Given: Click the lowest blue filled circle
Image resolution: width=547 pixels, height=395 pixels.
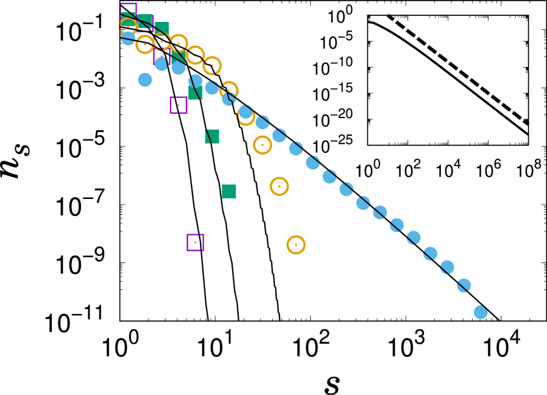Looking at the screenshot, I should click(481, 312).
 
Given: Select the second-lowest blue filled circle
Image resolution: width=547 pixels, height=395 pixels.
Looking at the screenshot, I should click(464, 285).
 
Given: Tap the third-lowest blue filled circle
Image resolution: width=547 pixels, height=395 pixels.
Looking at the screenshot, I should click(447, 267).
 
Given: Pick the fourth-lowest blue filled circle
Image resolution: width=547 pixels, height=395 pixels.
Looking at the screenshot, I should click(430, 254).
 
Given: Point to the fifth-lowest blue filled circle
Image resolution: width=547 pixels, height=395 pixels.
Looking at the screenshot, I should click(414, 238).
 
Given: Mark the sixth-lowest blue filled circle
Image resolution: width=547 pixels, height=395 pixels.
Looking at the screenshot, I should click(397, 225).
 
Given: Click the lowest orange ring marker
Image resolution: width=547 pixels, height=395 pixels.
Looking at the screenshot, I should click(296, 245).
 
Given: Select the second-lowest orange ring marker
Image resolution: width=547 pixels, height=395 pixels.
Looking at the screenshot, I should click(279, 186).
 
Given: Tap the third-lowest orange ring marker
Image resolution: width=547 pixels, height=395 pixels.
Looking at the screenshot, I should click(263, 145).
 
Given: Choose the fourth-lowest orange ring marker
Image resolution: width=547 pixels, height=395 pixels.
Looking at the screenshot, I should click(245, 116).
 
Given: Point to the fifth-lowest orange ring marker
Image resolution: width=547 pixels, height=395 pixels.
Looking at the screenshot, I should click(229, 91).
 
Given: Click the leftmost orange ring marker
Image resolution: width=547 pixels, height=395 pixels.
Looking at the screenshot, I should click(128, 27).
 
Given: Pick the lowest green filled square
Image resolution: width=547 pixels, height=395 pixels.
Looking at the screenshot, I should click(229, 191).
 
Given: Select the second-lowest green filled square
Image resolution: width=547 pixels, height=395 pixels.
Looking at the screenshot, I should click(212, 136).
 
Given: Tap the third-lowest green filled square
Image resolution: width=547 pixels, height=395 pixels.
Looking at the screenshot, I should click(196, 93).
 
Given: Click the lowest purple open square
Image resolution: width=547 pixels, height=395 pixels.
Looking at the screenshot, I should click(196, 242).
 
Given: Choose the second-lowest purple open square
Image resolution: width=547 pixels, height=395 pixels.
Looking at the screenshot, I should click(178, 105).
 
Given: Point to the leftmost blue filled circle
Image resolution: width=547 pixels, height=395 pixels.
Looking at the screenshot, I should click(129, 38).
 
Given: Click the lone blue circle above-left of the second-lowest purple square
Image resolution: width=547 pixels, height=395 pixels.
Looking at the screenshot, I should click(145, 80).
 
